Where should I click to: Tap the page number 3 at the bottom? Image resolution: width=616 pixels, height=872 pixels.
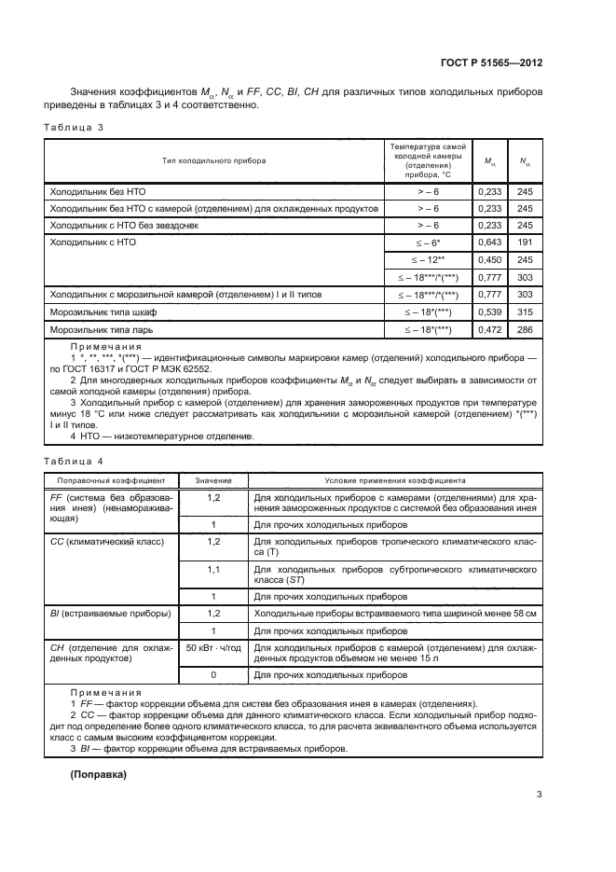pyautogui.click(x=540, y=795)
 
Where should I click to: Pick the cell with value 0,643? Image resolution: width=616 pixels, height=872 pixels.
pyautogui.click(x=489, y=242)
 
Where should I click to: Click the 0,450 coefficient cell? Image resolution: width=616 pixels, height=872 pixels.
pyautogui.click(x=489, y=260)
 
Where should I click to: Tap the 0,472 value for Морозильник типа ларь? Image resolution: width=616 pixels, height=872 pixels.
pyautogui.click(x=489, y=329)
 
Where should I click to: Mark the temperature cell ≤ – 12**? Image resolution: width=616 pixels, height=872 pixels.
pyautogui.click(x=428, y=260)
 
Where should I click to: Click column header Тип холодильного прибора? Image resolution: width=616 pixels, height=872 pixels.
pyautogui.click(x=213, y=161)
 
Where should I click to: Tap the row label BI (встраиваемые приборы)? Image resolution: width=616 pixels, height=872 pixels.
pyautogui.click(x=109, y=613)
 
